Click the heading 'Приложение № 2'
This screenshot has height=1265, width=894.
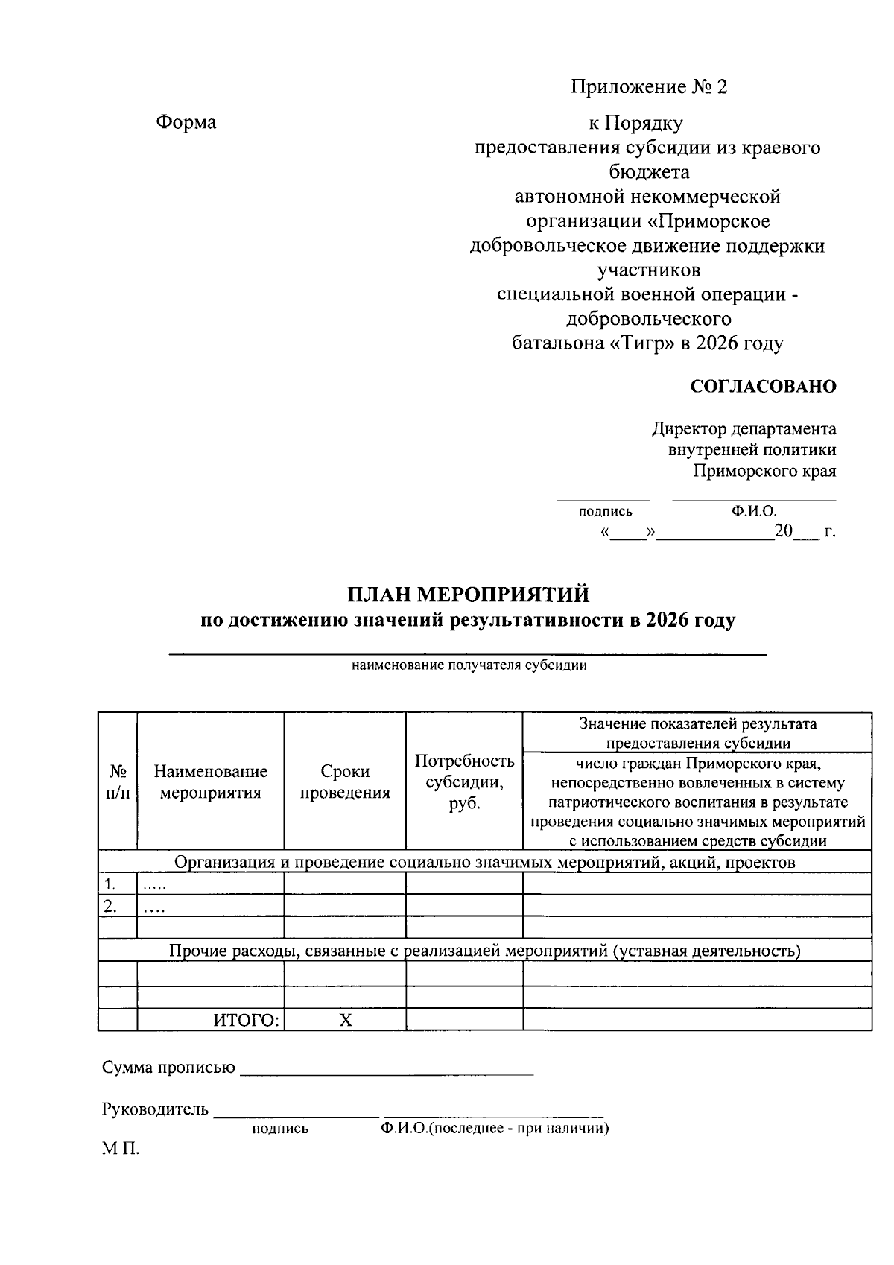pos(648,87)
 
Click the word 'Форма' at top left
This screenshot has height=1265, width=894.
pos(186,122)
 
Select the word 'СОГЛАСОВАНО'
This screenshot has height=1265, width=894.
pos(763,387)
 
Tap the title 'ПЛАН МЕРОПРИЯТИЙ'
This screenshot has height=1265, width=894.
pos(468,595)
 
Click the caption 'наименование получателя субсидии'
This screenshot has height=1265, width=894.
pos(469,666)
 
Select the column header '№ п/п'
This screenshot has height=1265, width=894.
pos(117,781)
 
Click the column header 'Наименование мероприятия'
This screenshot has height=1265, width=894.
pos(210,781)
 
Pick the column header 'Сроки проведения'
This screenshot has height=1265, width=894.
pos(345,781)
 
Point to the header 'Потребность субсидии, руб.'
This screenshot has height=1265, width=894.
pos(464,781)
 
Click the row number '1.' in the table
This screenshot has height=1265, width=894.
pos(110,884)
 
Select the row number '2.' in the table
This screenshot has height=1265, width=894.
pos(110,907)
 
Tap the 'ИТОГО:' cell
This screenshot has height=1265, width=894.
pos(247,1021)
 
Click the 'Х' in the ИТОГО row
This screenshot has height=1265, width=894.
pos(345,1021)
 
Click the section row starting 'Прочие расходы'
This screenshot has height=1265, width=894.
pos(484,951)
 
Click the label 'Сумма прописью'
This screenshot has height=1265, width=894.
pos(168,1068)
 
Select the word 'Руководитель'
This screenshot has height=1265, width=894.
pos(155,1109)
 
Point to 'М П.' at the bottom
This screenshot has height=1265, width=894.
pos(121,1149)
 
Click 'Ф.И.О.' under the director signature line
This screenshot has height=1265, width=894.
pos(754,511)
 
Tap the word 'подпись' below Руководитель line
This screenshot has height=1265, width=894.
pos(280,1129)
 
